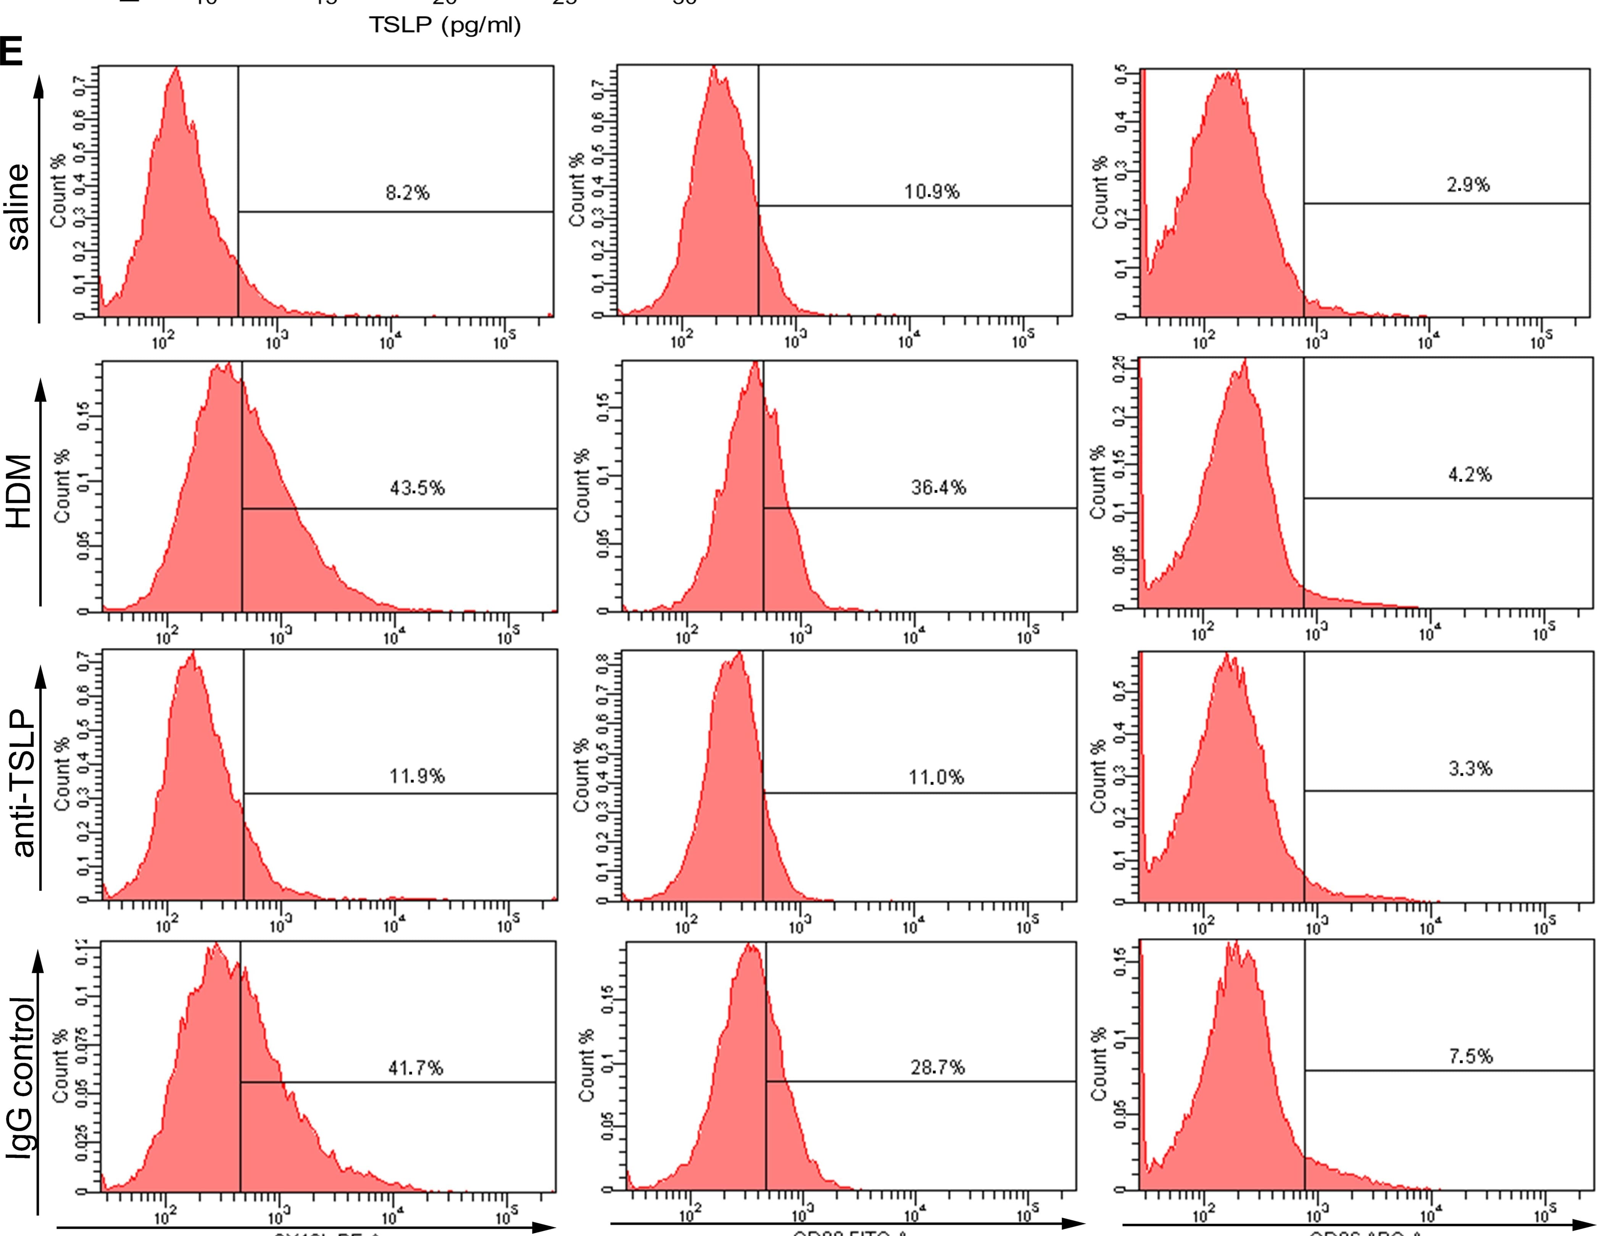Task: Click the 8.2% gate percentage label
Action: pyautogui.click(x=407, y=193)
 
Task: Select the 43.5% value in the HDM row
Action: pyautogui.click(x=416, y=488)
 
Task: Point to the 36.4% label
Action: pyautogui.click(x=938, y=488)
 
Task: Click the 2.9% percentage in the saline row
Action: pyautogui.click(x=1468, y=185)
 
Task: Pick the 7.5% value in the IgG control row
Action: pyautogui.click(x=1470, y=1056)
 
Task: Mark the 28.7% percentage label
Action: pyautogui.click(x=938, y=1068)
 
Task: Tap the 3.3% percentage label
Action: pyautogui.click(x=1470, y=768)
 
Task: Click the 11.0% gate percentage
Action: pyautogui.click(x=936, y=777)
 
